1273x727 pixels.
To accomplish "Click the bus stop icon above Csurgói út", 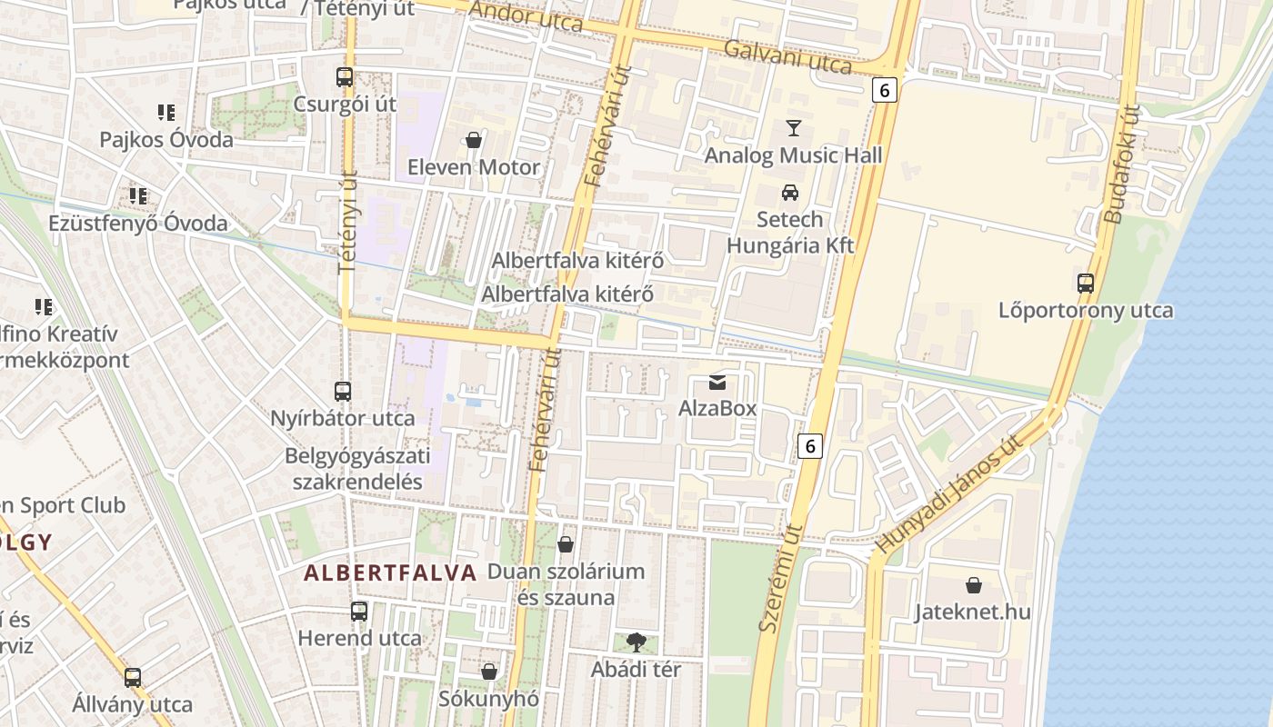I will click(x=344, y=77).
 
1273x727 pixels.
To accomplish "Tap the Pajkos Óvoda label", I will click(x=166, y=140).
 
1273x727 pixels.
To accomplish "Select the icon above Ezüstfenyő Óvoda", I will click(x=138, y=195).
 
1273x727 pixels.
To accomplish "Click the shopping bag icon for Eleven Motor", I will click(x=473, y=140).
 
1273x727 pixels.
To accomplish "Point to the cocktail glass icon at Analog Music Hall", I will click(x=794, y=127).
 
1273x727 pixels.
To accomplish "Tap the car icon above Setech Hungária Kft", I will click(x=789, y=193).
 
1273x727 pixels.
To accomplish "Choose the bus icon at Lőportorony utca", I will click(x=1085, y=283).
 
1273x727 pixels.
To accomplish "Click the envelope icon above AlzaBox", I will click(x=717, y=382).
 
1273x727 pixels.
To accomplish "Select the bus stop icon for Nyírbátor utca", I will click(x=342, y=392).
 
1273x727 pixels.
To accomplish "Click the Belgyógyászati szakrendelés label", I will click(x=357, y=468).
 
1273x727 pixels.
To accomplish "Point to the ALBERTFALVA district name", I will click(x=390, y=573).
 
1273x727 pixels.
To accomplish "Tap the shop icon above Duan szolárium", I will click(x=566, y=544).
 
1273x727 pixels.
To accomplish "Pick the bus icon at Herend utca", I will click(x=359, y=612).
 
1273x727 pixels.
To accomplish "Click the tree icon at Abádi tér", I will click(x=636, y=642).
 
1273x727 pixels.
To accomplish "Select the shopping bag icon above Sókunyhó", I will click(x=489, y=672).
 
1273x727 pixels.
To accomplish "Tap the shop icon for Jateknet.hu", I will click(x=973, y=584).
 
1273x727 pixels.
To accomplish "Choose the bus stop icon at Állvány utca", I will click(x=133, y=677).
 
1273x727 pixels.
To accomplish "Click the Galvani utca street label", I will click(x=787, y=57).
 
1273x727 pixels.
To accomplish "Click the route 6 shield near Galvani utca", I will click(x=885, y=90).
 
